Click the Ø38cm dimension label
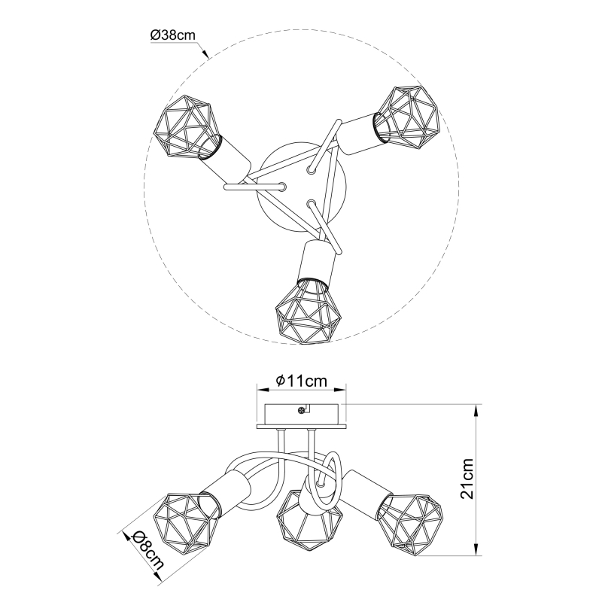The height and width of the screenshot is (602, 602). pyautogui.click(x=173, y=35)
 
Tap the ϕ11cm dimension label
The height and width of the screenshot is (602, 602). pyautogui.click(x=302, y=381)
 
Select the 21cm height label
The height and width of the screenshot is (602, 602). pyautogui.click(x=467, y=479)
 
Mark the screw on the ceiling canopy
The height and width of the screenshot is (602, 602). pyautogui.click(x=302, y=411)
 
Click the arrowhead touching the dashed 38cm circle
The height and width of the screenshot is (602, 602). pyautogui.click(x=205, y=53)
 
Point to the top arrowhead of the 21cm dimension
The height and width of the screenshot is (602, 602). pyautogui.click(x=476, y=412)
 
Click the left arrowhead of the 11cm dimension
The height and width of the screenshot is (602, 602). pyautogui.click(x=263, y=390)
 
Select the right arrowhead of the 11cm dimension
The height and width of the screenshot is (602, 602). pyautogui.click(x=340, y=390)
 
